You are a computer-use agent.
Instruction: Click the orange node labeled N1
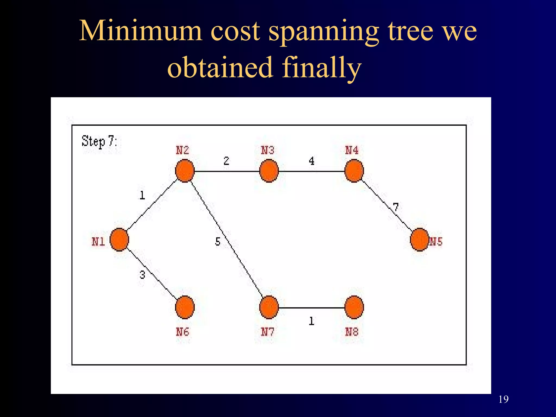pyautogui.click(x=119, y=240)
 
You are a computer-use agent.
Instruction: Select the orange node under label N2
pyautogui.click(x=185, y=171)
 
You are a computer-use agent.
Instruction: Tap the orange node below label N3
pyautogui.click(x=269, y=171)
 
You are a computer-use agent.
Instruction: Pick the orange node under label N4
pyautogui.click(x=354, y=171)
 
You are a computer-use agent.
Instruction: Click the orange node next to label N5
pyautogui.click(x=420, y=240)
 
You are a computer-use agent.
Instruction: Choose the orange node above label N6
pyautogui.click(x=185, y=307)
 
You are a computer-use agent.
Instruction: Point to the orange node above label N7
pyautogui.click(x=269, y=307)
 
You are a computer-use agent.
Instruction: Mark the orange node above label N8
pyautogui.click(x=354, y=307)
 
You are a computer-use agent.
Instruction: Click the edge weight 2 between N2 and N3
pyautogui.click(x=226, y=161)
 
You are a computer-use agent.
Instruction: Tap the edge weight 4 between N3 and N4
pyautogui.click(x=312, y=161)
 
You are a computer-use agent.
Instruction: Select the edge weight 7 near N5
pyautogui.click(x=396, y=207)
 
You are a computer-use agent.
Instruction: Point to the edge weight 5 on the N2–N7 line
pyautogui.click(x=218, y=241)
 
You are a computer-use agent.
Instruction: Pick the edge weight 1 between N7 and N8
pyautogui.click(x=311, y=321)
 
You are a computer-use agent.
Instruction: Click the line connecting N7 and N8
pyautogui.click(x=311, y=308)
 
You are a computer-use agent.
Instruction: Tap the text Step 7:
pyautogui.click(x=99, y=141)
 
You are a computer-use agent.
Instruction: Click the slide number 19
pyautogui.click(x=504, y=399)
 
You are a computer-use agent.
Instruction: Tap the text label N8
pyautogui.click(x=352, y=332)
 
